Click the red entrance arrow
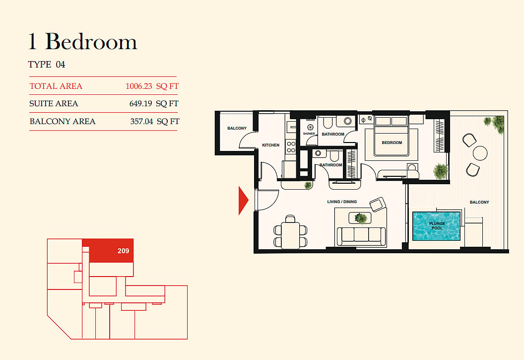tap(243, 201)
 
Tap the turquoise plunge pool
tap(437, 226)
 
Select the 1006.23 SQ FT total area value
tap(152, 86)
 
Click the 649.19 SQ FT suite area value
tap(154, 104)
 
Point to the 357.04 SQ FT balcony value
tap(155, 121)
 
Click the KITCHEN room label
tap(271, 145)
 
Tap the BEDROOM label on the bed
tap(392, 143)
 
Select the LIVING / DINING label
tap(342, 202)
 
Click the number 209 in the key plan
tap(124, 251)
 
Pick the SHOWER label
tap(309, 134)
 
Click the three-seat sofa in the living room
tap(361, 236)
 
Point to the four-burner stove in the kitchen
tap(291, 147)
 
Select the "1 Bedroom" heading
tap(83, 42)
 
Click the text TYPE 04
tap(47, 65)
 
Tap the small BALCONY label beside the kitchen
tap(237, 128)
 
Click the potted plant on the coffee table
tap(361, 218)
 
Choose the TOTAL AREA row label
tap(56, 86)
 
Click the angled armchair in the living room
tap(378, 204)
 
